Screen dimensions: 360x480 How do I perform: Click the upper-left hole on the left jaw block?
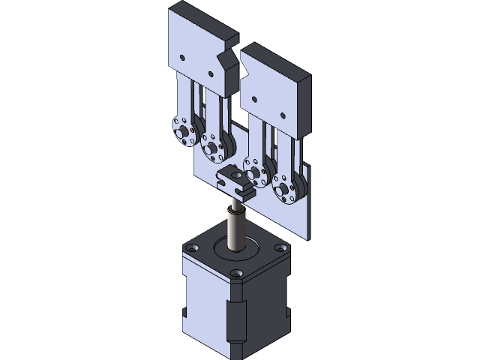click(x=182, y=56)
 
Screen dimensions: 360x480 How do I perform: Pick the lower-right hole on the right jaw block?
click(x=283, y=115)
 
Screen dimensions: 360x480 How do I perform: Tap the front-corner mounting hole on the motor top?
click(x=238, y=273)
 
